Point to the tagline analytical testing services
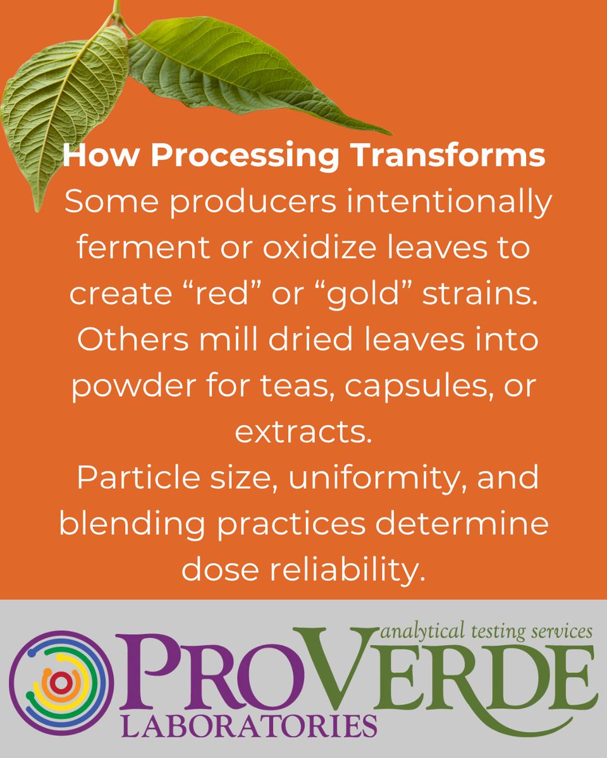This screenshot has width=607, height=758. click(487, 630)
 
